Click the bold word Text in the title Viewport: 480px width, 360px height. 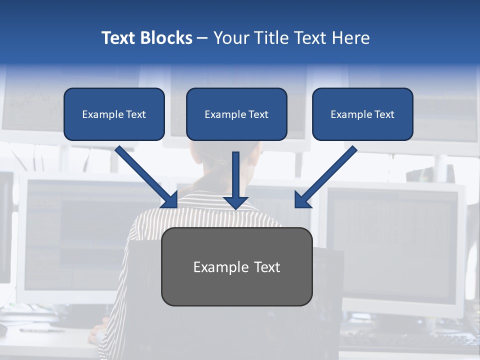pyautogui.click(x=118, y=38)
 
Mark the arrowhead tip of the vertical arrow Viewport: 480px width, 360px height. pyautogui.click(x=236, y=208)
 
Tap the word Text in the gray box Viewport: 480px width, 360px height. pyautogui.click(x=267, y=267)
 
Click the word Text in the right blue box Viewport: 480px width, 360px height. pyautogui.click(x=384, y=114)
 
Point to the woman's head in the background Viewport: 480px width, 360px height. pyautogui.click(x=220, y=160)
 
